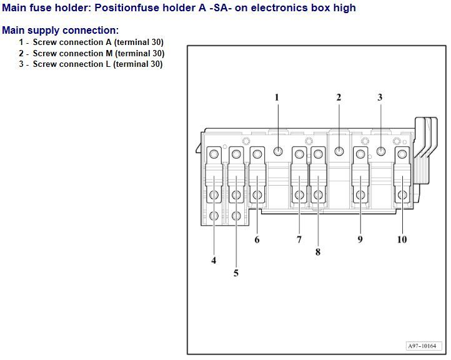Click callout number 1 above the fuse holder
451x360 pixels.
pos(277,97)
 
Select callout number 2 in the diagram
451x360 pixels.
pos(339,97)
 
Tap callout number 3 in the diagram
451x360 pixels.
pos(380,97)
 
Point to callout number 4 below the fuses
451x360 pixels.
pos(214,261)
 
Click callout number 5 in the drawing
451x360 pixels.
pos(236,273)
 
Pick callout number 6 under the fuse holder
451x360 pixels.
pos(257,239)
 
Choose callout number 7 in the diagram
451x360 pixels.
pos(299,239)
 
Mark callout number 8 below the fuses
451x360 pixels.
pos(318,252)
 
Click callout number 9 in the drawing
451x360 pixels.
pos(360,239)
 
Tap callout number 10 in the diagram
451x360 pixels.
pos(402,239)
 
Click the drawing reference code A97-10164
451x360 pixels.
pos(424,346)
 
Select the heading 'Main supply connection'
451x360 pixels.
pos(60,31)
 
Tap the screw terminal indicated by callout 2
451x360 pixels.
pos(339,151)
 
